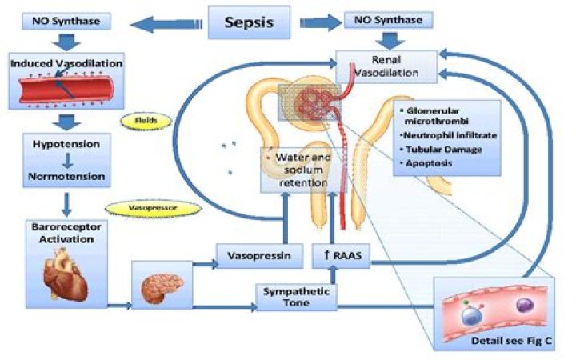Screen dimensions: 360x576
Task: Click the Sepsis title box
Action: [x=249, y=22]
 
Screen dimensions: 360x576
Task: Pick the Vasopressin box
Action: [x=251, y=258]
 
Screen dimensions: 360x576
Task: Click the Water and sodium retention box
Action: [x=294, y=170]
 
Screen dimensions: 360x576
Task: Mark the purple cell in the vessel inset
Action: [x=524, y=305]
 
